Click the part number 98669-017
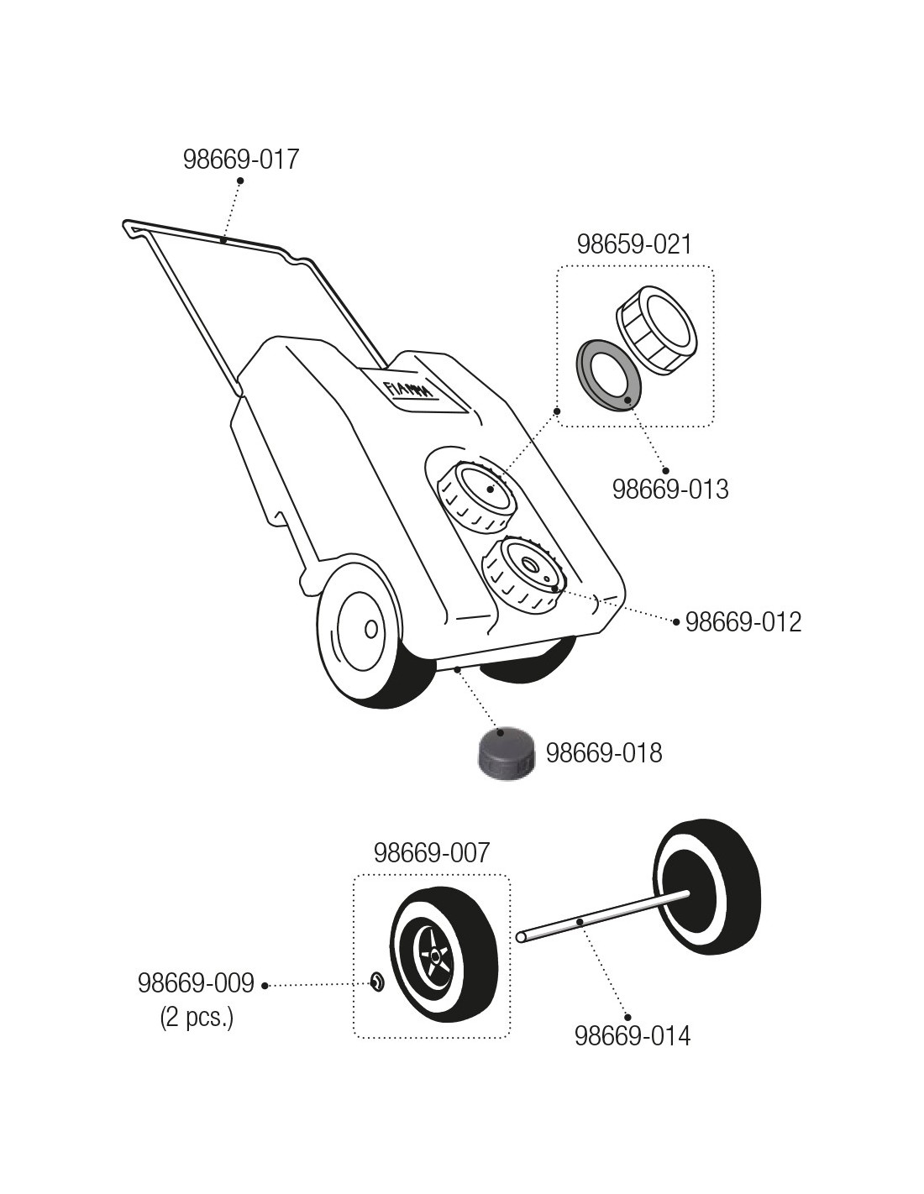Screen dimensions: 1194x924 tap(241, 160)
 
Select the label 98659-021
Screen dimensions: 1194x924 tap(634, 244)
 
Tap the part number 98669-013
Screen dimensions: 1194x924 tap(670, 489)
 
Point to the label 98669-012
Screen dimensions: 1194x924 tap(743, 622)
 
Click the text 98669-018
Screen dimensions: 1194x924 tap(604, 753)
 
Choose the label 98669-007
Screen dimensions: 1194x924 tap(431, 853)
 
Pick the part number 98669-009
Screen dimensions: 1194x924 tap(196, 983)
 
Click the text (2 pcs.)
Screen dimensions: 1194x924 tap(197, 1018)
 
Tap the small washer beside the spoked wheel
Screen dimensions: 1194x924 tap(377, 980)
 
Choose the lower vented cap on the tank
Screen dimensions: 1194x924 tap(525, 571)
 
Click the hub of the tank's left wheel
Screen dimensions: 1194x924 tap(370, 629)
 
